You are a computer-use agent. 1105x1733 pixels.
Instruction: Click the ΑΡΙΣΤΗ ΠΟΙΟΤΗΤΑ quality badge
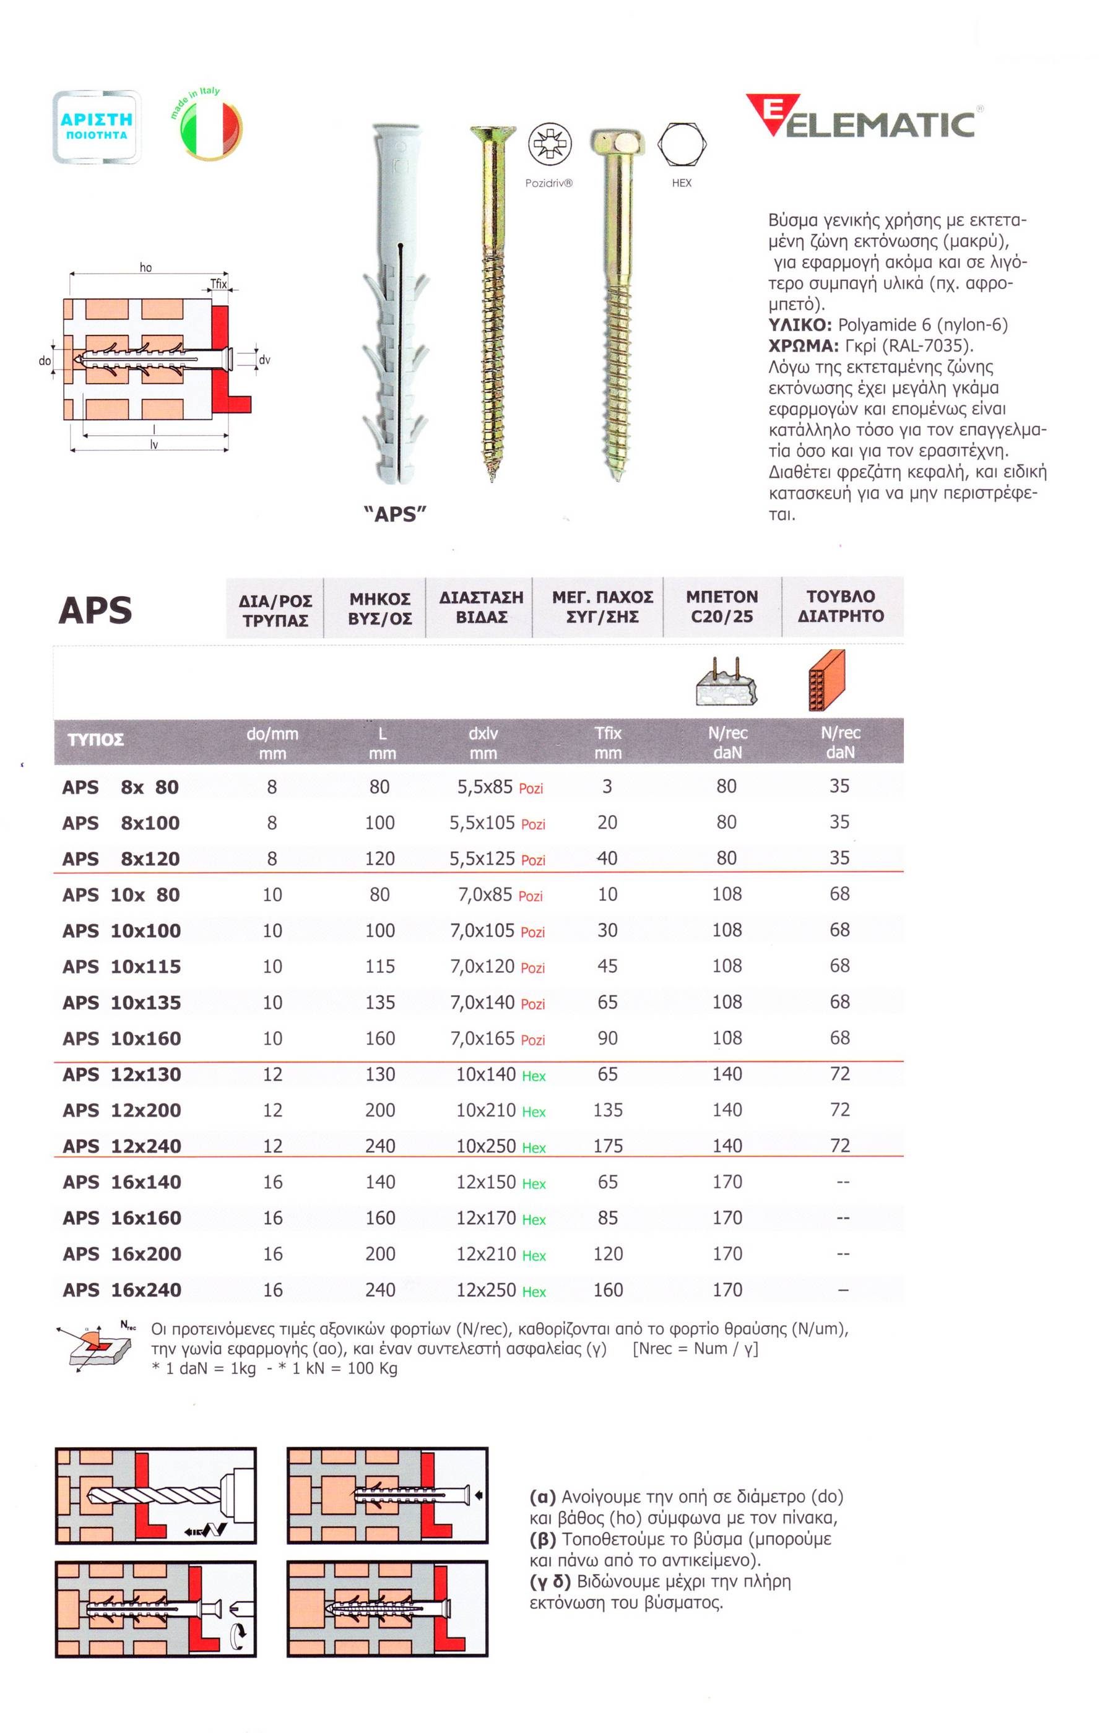[97, 127]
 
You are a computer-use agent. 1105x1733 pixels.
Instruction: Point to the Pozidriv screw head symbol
[549, 143]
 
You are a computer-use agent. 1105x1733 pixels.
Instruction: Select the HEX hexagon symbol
[682, 143]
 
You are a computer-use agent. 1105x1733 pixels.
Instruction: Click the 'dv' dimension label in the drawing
[264, 360]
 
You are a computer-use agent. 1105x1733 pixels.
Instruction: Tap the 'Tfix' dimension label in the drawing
[218, 284]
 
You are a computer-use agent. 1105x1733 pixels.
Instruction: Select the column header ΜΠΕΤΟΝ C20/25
[722, 607]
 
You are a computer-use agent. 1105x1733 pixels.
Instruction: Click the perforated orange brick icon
[827, 680]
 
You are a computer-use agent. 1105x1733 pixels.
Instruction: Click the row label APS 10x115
[122, 967]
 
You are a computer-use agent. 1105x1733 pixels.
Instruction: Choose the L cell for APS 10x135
[380, 1003]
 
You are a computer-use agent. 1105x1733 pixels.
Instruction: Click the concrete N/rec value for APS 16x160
[727, 1217]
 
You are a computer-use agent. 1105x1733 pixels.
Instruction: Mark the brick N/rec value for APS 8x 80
[839, 786]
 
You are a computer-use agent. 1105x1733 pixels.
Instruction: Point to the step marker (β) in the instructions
[543, 1539]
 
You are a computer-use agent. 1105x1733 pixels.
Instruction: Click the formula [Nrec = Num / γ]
[695, 1349]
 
